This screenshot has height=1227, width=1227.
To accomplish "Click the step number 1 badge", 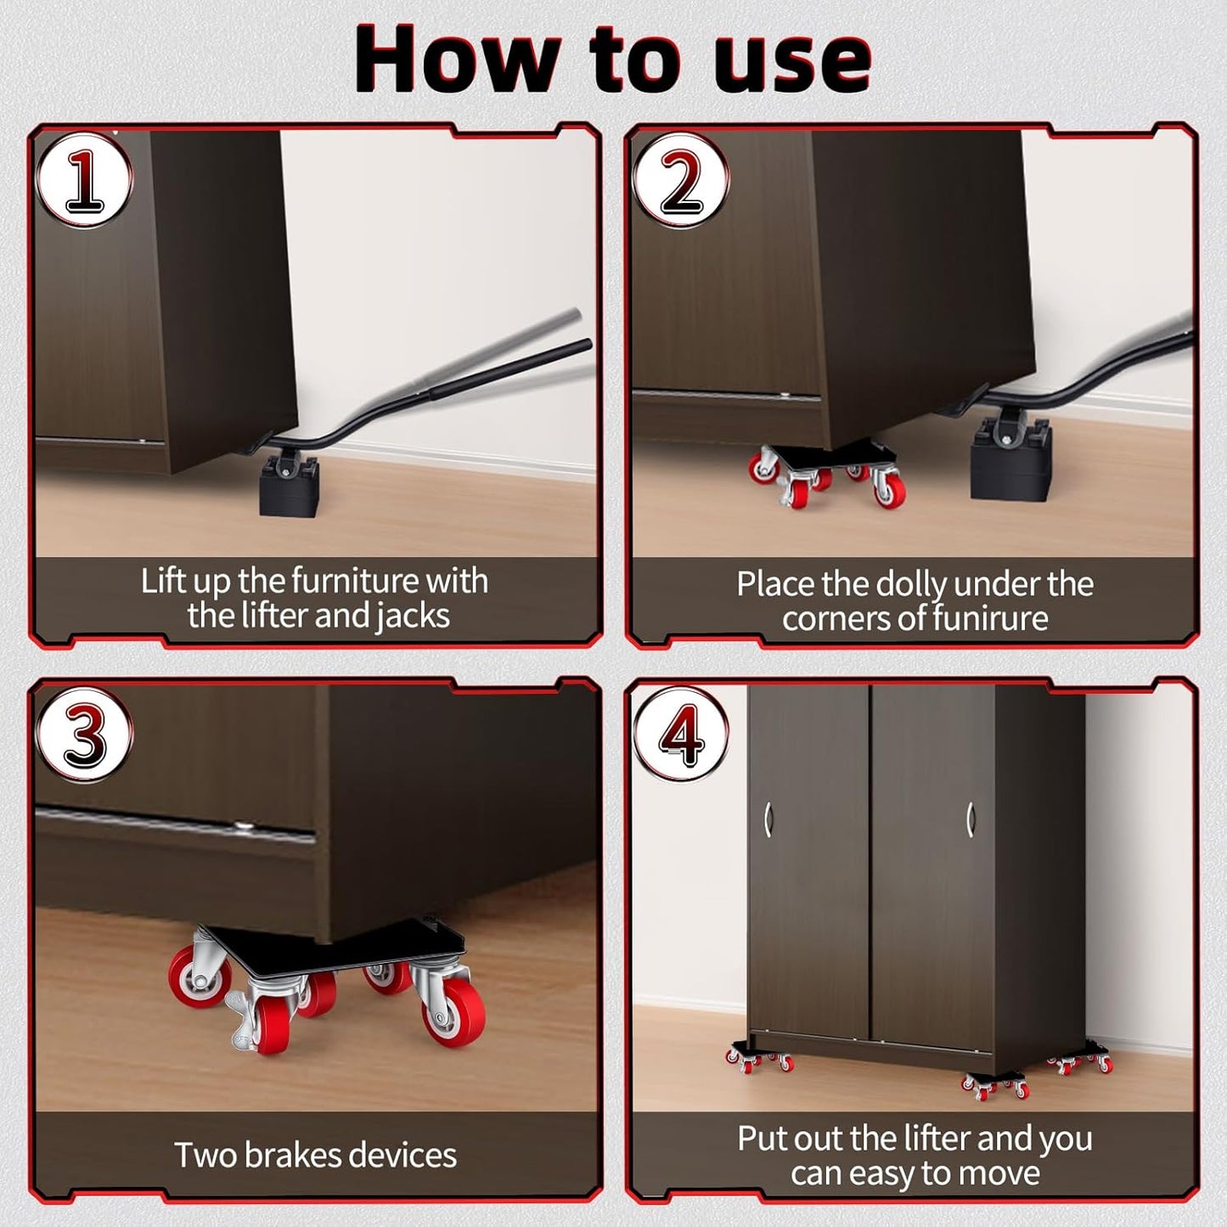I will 84,181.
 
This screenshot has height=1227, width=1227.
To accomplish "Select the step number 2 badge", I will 681,181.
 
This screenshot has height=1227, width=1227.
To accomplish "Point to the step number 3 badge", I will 84,735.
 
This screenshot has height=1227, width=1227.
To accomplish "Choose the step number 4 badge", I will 681,735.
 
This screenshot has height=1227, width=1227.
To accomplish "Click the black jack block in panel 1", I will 289,486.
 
